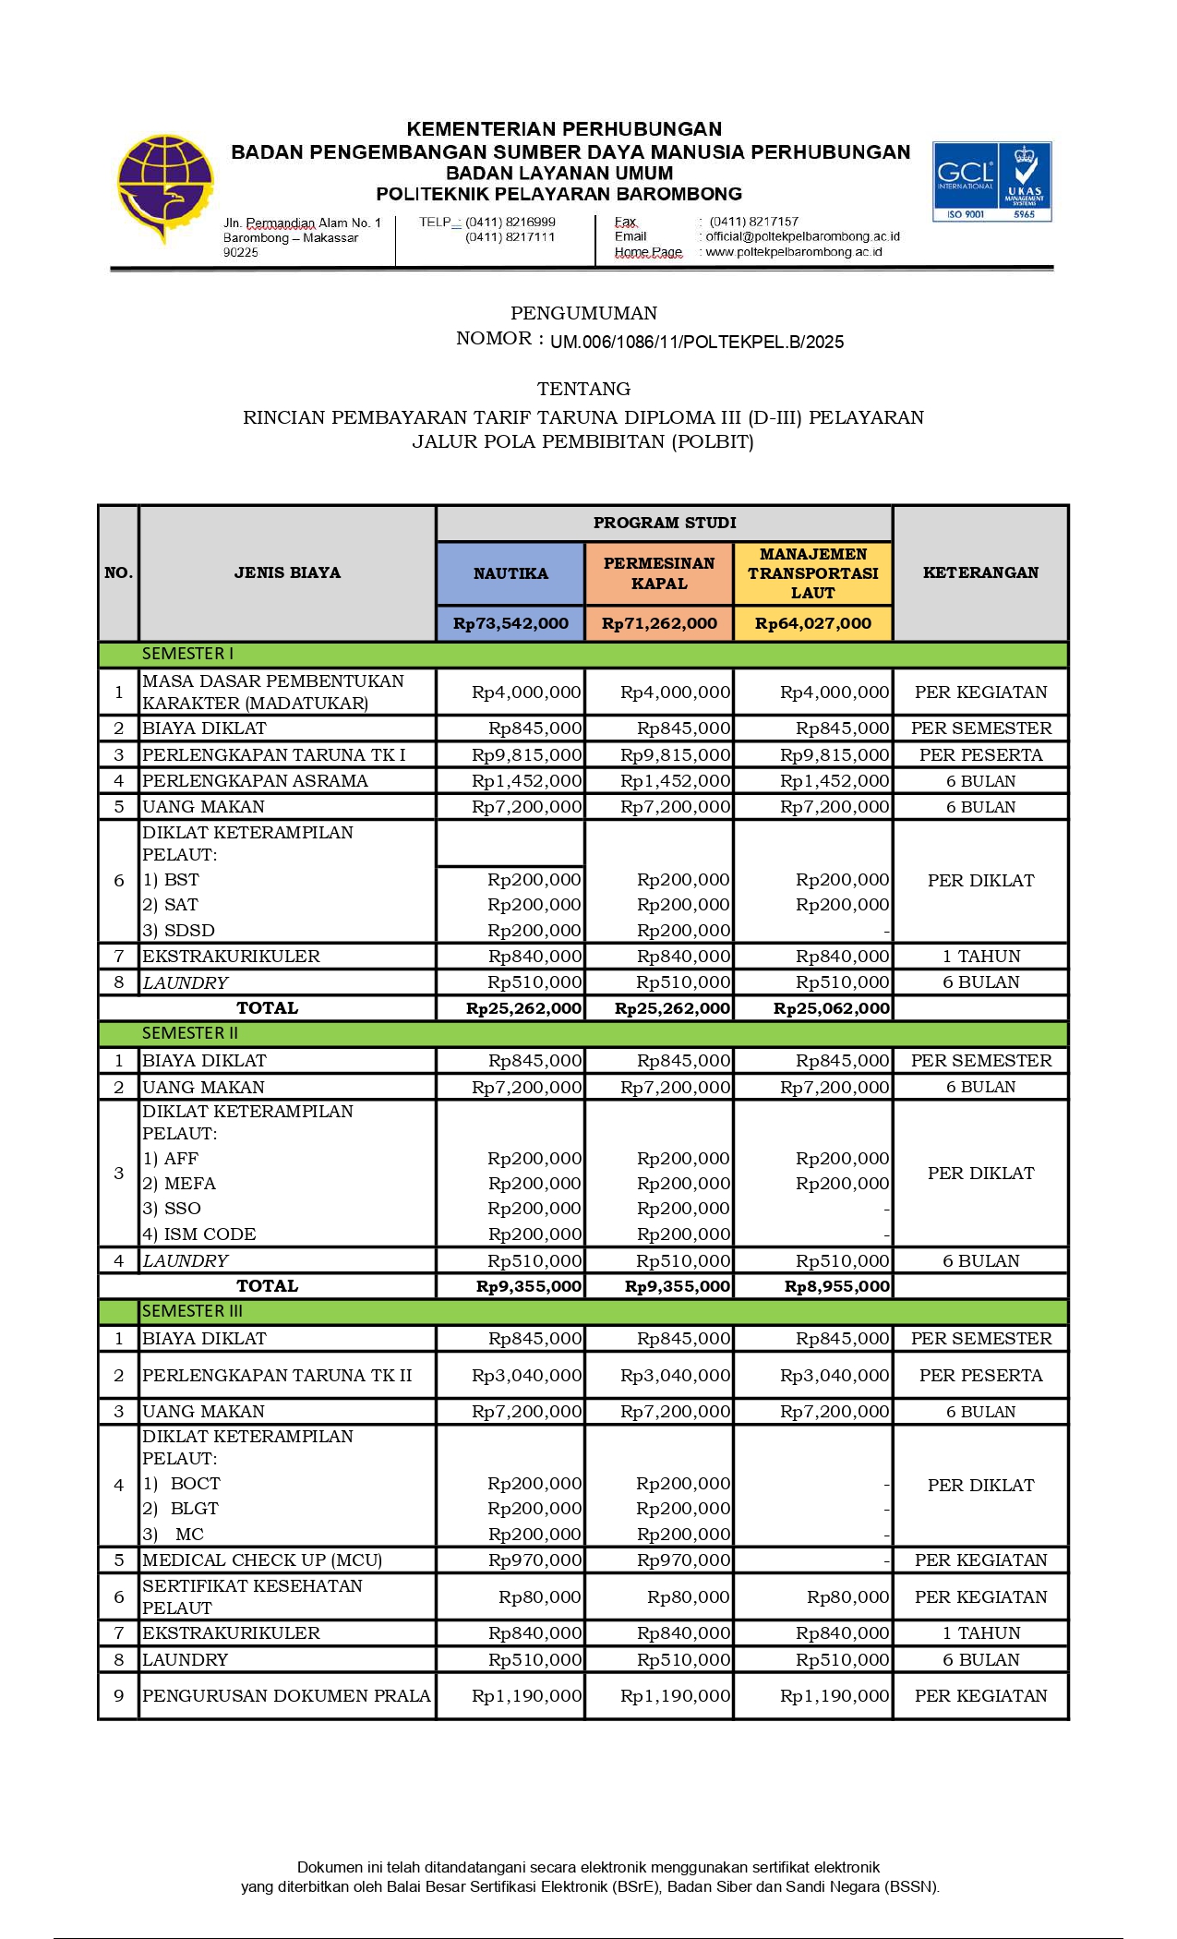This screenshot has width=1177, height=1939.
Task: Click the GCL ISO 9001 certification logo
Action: click(991, 181)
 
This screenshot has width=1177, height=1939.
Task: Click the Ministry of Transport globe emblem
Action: click(164, 187)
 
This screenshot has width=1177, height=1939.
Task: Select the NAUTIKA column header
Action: click(510, 573)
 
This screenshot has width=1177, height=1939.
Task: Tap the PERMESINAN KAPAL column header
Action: click(659, 573)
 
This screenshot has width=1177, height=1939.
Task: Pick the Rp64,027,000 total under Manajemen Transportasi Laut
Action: click(812, 623)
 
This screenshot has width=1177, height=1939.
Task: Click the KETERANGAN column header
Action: click(980, 572)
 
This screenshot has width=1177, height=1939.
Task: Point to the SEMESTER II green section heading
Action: click(190, 1033)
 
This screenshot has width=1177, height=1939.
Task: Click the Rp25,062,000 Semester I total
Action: click(831, 1008)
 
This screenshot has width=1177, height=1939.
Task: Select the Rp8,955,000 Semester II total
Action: click(836, 1286)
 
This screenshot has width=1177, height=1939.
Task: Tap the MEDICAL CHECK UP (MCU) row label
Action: click(262, 1560)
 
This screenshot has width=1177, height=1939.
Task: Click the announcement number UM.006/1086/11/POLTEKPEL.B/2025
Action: click(697, 343)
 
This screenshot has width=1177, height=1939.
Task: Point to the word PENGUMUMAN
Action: click(583, 313)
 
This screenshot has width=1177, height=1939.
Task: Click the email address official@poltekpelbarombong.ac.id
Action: click(802, 236)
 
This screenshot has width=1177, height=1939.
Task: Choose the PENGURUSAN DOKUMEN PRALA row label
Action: click(286, 1696)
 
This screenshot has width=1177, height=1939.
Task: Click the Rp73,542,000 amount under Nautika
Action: click(510, 623)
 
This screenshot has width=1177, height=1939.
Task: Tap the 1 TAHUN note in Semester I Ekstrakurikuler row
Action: click(980, 957)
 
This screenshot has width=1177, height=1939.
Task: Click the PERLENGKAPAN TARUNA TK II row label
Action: click(277, 1376)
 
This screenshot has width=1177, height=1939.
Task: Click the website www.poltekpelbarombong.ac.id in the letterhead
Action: click(793, 252)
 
